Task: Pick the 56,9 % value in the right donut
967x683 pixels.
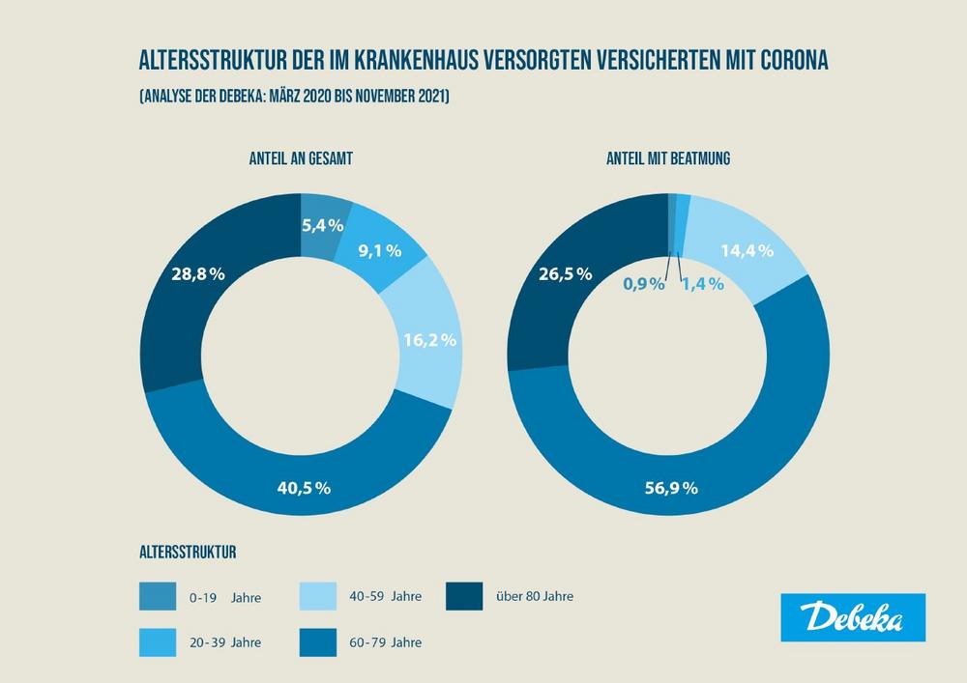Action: (x=669, y=488)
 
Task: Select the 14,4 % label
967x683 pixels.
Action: (x=747, y=252)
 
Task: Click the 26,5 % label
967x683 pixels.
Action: (x=564, y=274)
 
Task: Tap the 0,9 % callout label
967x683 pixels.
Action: (x=644, y=284)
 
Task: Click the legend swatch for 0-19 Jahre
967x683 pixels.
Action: (x=158, y=597)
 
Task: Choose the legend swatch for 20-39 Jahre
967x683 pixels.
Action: (x=158, y=640)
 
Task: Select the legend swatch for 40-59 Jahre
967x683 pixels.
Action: (x=318, y=597)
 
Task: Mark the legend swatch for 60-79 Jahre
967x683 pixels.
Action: (x=318, y=640)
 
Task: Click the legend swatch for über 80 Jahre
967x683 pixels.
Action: (x=464, y=597)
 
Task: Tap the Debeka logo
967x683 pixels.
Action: (x=852, y=617)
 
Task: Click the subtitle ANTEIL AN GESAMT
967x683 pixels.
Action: (x=300, y=158)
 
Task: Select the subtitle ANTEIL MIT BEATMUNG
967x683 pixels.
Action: (x=668, y=158)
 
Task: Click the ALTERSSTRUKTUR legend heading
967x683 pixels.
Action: (x=190, y=554)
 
